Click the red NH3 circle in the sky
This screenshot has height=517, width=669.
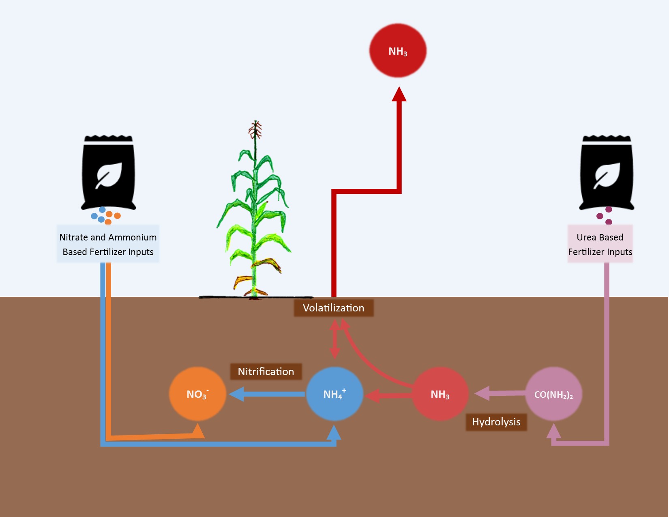398,51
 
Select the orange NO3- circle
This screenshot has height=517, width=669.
197,394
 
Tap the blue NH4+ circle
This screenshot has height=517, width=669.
334,394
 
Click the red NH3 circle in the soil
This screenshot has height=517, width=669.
440,394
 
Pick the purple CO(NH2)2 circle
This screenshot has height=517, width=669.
553,394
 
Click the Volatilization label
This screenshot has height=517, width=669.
333,308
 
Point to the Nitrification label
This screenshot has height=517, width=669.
266,371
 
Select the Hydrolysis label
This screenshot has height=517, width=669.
496,422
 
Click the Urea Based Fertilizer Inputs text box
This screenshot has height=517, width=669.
600,244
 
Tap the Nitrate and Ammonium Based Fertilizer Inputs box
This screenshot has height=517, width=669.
108,244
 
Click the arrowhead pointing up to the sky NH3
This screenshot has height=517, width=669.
399,94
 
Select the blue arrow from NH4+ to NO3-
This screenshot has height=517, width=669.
268,394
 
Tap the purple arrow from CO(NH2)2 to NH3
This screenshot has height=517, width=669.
501,393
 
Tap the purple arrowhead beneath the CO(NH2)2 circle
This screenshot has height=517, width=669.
553,431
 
